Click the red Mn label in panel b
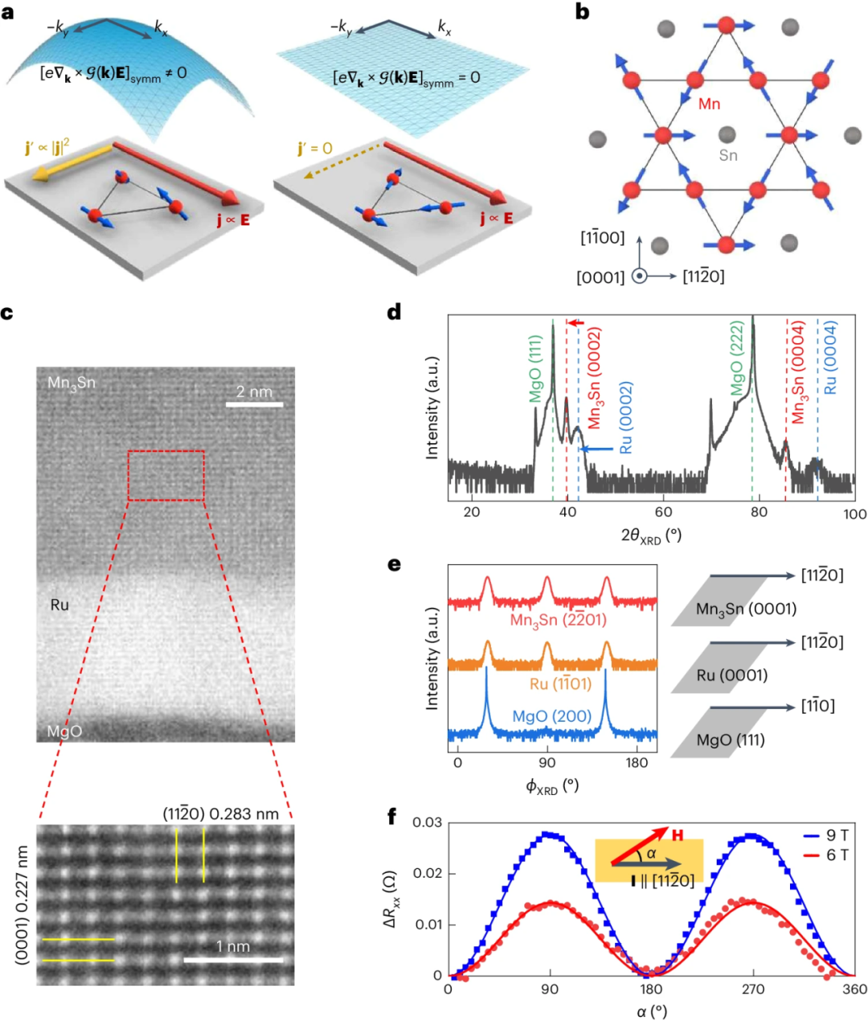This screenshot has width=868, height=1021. pyautogui.click(x=709, y=104)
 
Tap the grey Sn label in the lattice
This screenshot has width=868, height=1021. pyautogui.click(x=727, y=155)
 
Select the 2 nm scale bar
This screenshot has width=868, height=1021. pyautogui.click(x=254, y=404)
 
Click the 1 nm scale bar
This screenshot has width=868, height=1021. pyautogui.click(x=233, y=959)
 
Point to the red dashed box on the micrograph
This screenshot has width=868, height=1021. pyautogui.click(x=166, y=476)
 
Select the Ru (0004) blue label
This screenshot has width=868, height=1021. pyautogui.click(x=830, y=358)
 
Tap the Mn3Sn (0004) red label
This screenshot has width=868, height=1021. pyautogui.click(x=798, y=374)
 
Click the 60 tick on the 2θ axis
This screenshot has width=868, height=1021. pyautogui.click(x=664, y=513)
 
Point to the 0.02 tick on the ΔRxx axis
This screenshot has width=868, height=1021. pyautogui.click(x=427, y=873)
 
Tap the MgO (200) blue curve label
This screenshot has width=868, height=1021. pyautogui.click(x=551, y=716)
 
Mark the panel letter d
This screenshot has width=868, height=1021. pyautogui.click(x=394, y=312)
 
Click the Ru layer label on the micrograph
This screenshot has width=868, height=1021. pyautogui.click(x=59, y=605)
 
